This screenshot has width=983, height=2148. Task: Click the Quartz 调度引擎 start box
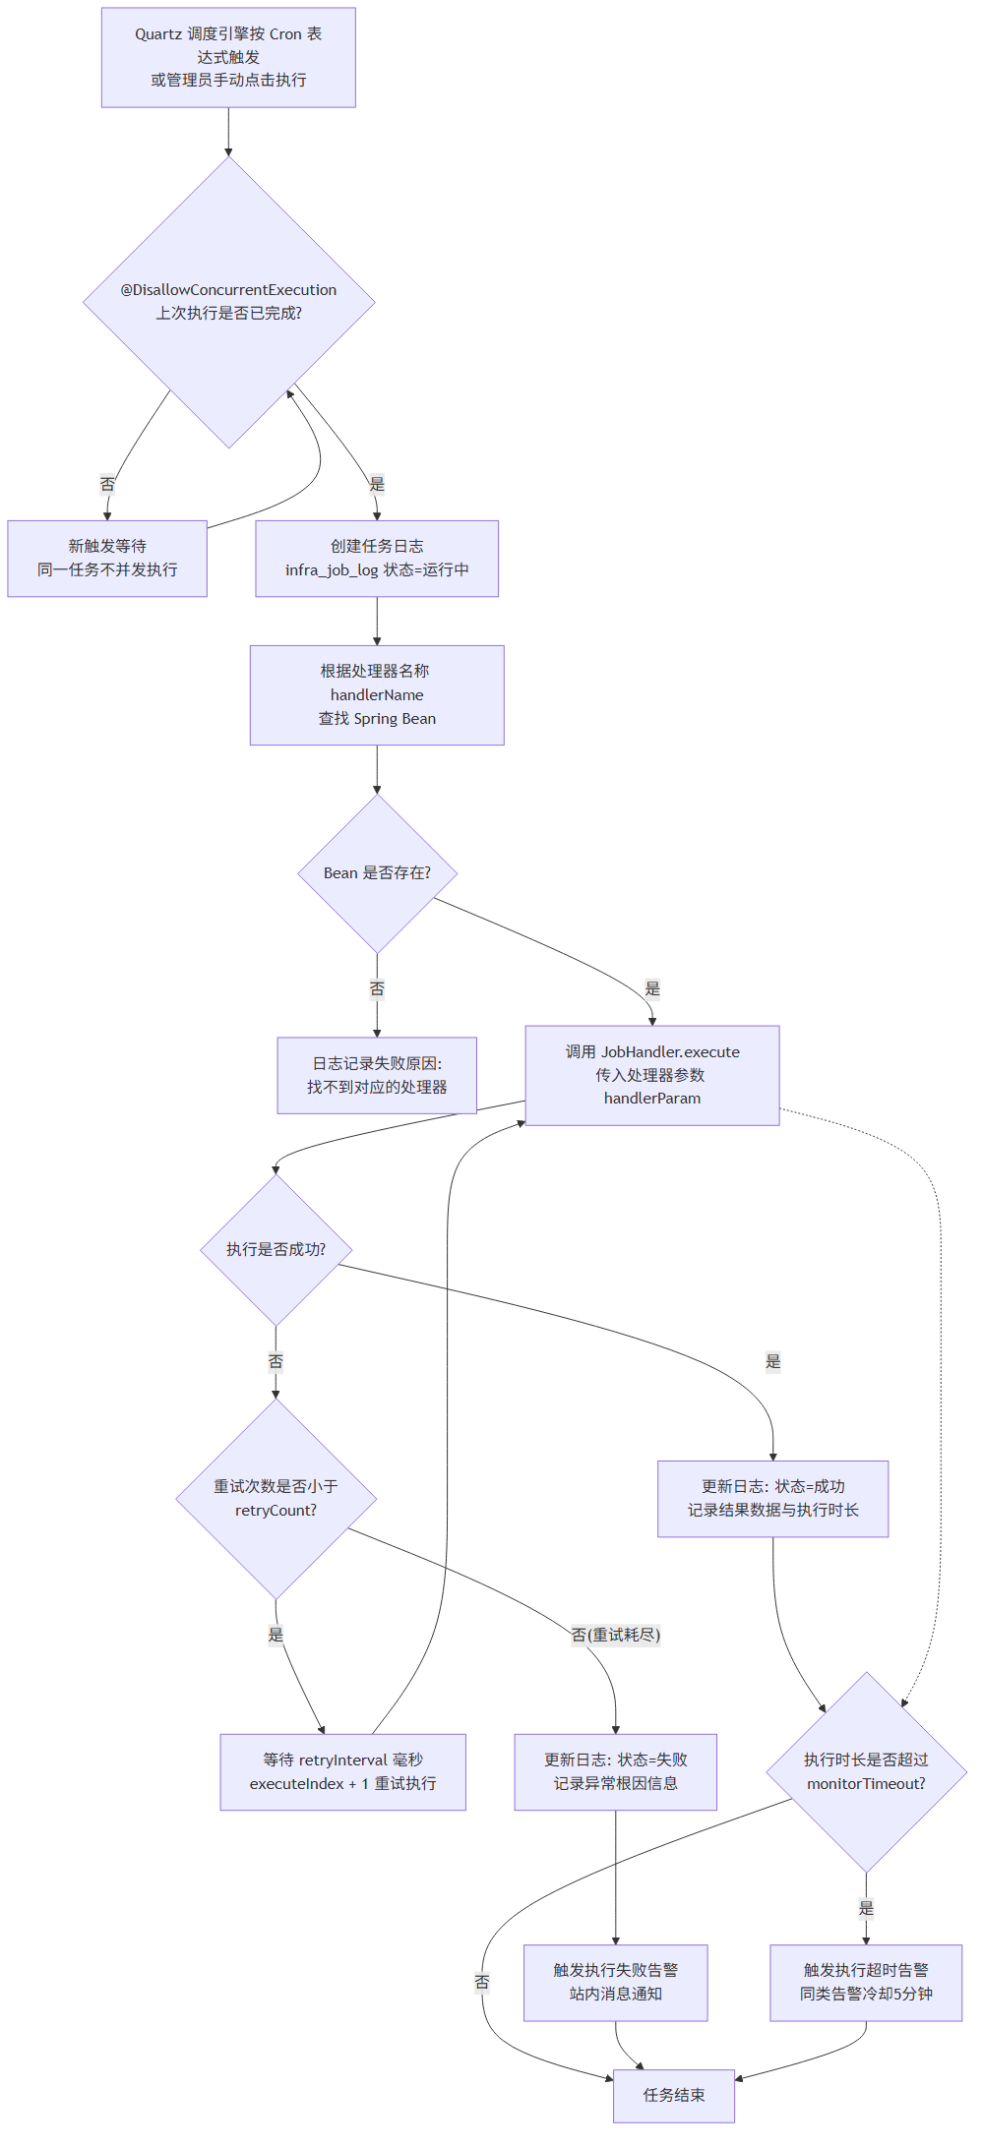point(228,57)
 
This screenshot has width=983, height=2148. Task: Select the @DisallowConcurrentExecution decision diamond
point(228,302)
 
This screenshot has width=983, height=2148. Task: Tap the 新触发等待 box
point(107,559)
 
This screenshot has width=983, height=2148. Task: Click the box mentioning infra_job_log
point(377,559)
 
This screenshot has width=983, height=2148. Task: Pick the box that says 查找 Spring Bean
point(377,695)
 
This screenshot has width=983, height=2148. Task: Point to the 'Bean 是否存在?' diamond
point(377,873)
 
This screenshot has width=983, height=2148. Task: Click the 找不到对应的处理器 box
point(377,1075)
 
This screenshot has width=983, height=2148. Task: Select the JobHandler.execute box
point(652,1075)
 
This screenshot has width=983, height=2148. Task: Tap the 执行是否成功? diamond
point(276,1250)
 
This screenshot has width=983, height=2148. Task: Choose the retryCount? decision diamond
point(276,1499)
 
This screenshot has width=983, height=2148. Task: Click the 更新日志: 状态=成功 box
point(773,1499)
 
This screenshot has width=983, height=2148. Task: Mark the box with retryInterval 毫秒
point(342,1772)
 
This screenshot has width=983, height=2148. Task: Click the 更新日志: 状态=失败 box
point(616,1772)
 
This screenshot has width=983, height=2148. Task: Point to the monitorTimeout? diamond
point(866,1772)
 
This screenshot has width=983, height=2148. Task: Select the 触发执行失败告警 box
point(616,1983)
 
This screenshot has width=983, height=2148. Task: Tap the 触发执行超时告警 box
point(866,1983)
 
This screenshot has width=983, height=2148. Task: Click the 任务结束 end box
point(674,2096)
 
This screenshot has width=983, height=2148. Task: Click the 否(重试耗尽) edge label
point(616,1635)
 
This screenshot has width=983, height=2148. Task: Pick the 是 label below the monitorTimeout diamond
point(866,1908)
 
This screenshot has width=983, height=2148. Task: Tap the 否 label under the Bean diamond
point(377,988)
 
